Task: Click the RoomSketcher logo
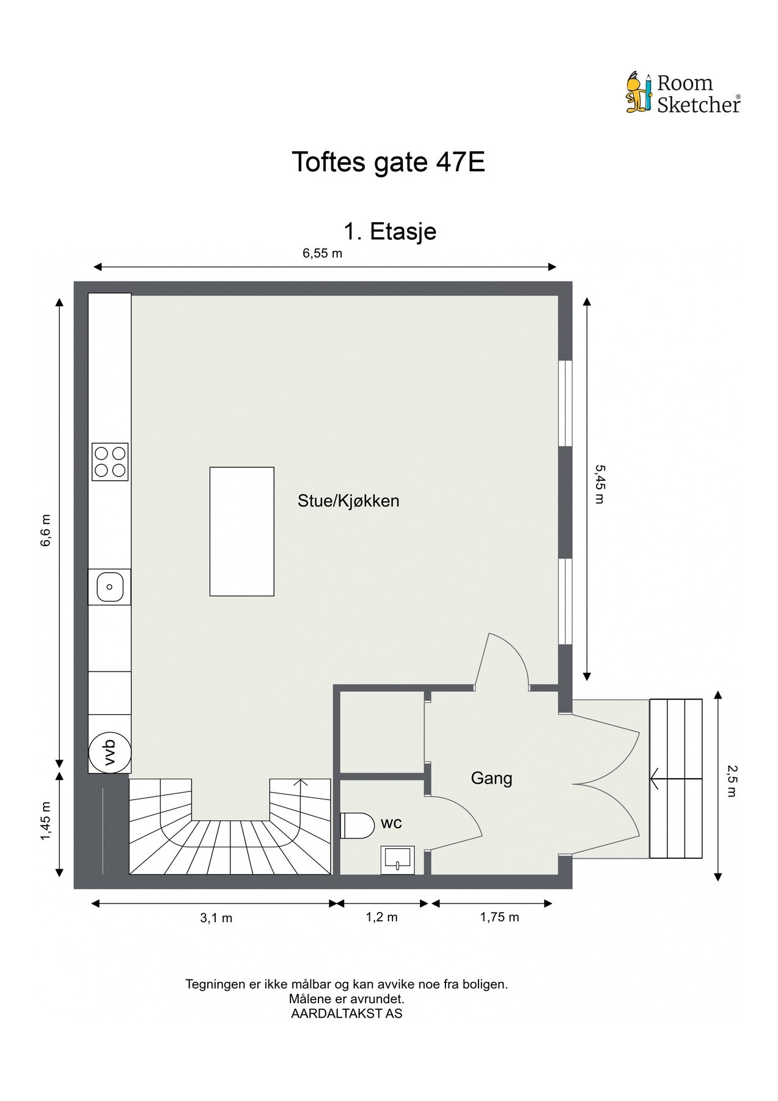683,94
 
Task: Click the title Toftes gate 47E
388,162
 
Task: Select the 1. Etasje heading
390,232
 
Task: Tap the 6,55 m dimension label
322,253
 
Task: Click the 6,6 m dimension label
46,531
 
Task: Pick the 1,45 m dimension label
46,820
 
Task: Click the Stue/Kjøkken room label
348,501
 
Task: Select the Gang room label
491,778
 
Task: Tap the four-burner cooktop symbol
110,461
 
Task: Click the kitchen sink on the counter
110,587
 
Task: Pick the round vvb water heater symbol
110,752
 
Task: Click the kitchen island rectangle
241,531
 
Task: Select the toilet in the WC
358,825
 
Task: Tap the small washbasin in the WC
397,860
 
